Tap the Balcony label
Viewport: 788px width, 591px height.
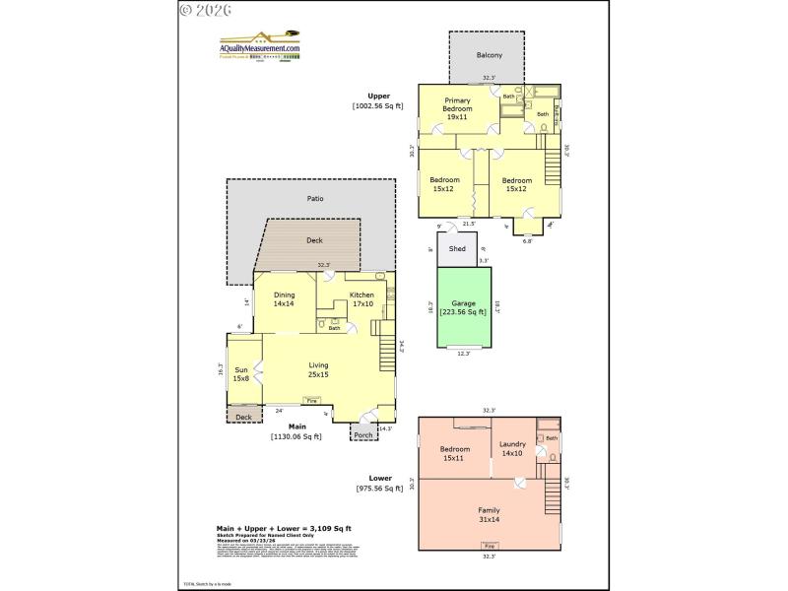490,55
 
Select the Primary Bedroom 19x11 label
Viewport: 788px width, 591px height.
456,109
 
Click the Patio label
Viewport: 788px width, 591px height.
315,199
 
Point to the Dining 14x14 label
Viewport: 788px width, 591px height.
284,299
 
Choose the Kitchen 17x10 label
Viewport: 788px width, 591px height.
362,299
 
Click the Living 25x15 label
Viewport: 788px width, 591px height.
318,369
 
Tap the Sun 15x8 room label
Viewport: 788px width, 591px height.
241,374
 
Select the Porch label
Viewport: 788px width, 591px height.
363,434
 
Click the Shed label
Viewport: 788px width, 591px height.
457,249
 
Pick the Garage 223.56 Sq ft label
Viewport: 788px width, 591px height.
463,307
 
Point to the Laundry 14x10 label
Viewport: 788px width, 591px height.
512,449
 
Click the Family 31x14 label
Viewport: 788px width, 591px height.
490,514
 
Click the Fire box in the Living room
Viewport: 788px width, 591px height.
311,401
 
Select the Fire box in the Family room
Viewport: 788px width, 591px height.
490,545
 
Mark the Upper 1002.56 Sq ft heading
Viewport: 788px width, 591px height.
379,100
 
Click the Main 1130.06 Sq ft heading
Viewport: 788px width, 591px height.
297,431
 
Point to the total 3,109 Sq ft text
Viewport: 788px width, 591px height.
284,529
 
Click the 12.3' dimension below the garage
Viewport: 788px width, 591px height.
463,354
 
